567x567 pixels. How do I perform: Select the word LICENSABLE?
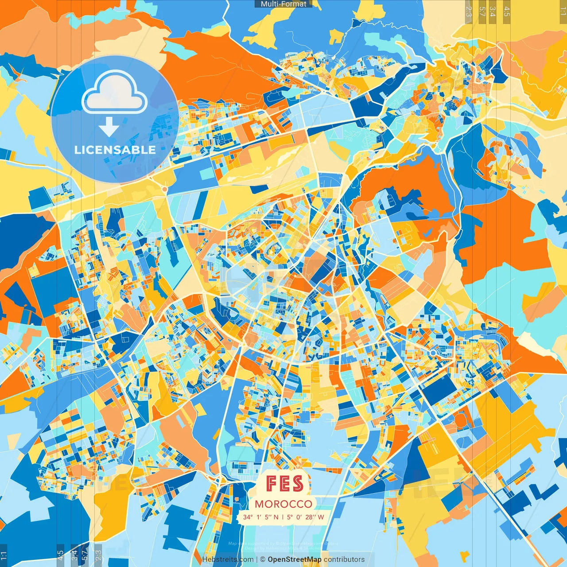pos(115,150)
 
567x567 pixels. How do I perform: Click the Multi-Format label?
pos(283,4)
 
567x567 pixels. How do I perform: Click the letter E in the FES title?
pos(284,484)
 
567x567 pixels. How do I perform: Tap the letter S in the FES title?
pos(297,484)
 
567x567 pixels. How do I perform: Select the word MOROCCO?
pos(283,504)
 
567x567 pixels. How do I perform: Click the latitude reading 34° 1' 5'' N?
pos(261,517)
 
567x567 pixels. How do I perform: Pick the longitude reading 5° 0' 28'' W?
pos(305,517)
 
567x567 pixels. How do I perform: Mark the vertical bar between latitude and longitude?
pos(283,517)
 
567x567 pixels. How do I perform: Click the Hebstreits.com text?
pos(227,559)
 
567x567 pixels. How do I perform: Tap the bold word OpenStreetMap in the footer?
pos(295,559)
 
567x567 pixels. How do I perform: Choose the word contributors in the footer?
pos(344,559)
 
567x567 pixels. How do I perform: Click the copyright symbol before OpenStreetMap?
pos(262,559)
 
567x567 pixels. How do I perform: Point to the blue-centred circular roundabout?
pos(432,353)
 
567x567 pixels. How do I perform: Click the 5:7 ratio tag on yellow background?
pos(482,11)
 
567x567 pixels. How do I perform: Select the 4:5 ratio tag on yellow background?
pos(507,11)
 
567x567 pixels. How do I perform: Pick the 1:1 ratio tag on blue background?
pos(4,555)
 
